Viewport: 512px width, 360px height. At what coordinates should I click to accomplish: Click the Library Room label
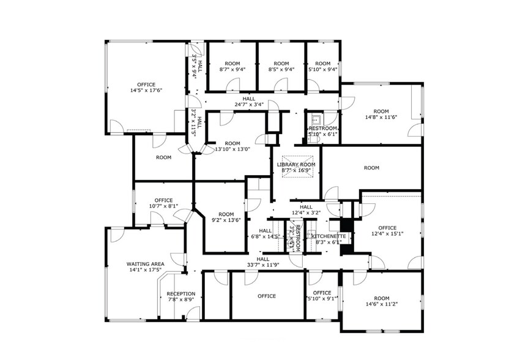[x=296, y=165]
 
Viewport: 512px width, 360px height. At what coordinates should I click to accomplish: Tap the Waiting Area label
[x=144, y=264]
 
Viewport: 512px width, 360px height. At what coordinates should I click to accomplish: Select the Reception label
[x=181, y=293]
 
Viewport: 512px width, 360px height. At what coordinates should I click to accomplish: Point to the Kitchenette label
[x=330, y=236]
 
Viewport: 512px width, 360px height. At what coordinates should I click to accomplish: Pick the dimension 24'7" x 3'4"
[x=249, y=105]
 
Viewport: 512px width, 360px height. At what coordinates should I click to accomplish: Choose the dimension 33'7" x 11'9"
[x=263, y=265]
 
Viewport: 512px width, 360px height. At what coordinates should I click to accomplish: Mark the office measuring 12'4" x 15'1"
[x=387, y=230]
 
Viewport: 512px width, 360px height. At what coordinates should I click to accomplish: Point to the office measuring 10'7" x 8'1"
[x=163, y=203]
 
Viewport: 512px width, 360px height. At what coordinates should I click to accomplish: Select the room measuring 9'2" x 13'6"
[x=226, y=216]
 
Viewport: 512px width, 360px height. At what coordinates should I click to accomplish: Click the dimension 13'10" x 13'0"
[x=232, y=149]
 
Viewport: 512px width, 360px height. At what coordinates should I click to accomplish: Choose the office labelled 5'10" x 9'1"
[x=322, y=296]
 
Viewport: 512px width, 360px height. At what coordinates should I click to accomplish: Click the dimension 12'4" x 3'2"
[x=306, y=212]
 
